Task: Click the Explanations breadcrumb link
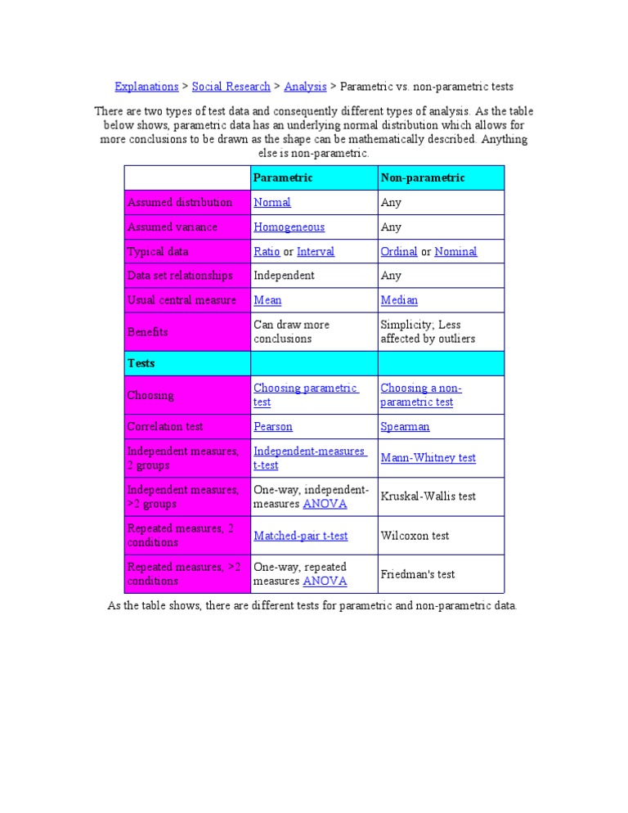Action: [x=146, y=86]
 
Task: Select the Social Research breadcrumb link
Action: [x=231, y=86]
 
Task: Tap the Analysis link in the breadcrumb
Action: [x=305, y=86]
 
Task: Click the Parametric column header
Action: [x=283, y=177]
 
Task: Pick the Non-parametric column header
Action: [x=422, y=177]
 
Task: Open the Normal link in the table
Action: [x=272, y=202]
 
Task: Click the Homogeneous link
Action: [x=289, y=227]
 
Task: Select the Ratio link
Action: [x=267, y=251]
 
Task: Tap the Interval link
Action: [x=316, y=251]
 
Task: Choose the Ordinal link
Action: [x=399, y=251]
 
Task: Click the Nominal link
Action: [x=455, y=251]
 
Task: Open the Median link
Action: [x=399, y=300]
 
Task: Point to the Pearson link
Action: [x=273, y=426]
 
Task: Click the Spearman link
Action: [x=405, y=426]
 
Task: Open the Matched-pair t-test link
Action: [x=300, y=536]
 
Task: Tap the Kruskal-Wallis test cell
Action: [x=428, y=496]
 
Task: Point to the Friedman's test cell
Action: [x=417, y=574]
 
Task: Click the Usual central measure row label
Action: [x=182, y=300]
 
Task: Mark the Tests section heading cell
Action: [x=141, y=362]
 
